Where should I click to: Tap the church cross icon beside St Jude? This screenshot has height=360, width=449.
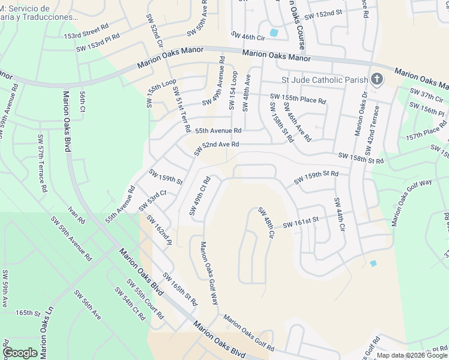click(376, 79)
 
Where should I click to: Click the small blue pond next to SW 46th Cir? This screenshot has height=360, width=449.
click(274, 32)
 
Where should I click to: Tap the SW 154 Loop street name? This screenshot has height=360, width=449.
click(232, 91)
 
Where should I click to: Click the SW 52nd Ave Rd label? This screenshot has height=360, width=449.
click(220, 145)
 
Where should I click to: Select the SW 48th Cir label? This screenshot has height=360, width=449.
click(266, 222)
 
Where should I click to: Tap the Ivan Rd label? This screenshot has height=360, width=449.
click(77, 215)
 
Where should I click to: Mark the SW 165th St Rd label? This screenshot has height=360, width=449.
click(180, 290)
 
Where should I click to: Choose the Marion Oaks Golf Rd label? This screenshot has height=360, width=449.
click(249, 332)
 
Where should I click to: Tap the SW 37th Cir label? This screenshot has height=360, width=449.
click(426, 95)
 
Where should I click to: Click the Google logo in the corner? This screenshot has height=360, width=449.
click(20, 352)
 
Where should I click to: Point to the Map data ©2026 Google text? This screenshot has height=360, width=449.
click(412, 355)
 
